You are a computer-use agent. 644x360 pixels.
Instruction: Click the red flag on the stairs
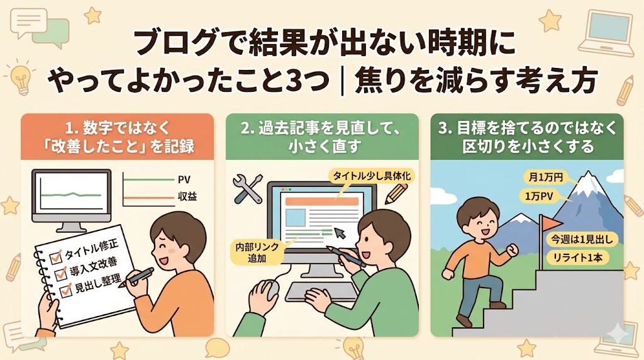(x=551, y=223)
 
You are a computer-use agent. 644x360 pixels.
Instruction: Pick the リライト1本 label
(x=577, y=257)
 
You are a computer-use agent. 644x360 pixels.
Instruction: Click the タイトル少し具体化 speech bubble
(x=371, y=176)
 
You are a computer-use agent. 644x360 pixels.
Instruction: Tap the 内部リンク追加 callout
(x=257, y=252)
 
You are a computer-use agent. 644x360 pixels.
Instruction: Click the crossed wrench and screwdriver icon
(x=248, y=189)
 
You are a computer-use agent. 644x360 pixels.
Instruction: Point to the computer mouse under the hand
(x=270, y=289)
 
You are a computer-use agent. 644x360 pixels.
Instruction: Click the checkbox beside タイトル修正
(x=55, y=257)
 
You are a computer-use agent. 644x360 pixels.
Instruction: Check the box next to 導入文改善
(x=60, y=273)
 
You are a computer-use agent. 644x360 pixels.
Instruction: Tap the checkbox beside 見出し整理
(x=65, y=290)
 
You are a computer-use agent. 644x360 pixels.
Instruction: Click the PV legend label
(x=184, y=179)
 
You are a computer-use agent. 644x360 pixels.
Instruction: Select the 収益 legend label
(x=187, y=197)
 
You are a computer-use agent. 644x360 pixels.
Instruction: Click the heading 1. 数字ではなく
(x=117, y=128)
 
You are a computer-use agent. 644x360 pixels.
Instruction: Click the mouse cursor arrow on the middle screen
(x=340, y=233)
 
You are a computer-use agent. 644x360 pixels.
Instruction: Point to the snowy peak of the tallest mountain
(x=589, y=181)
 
